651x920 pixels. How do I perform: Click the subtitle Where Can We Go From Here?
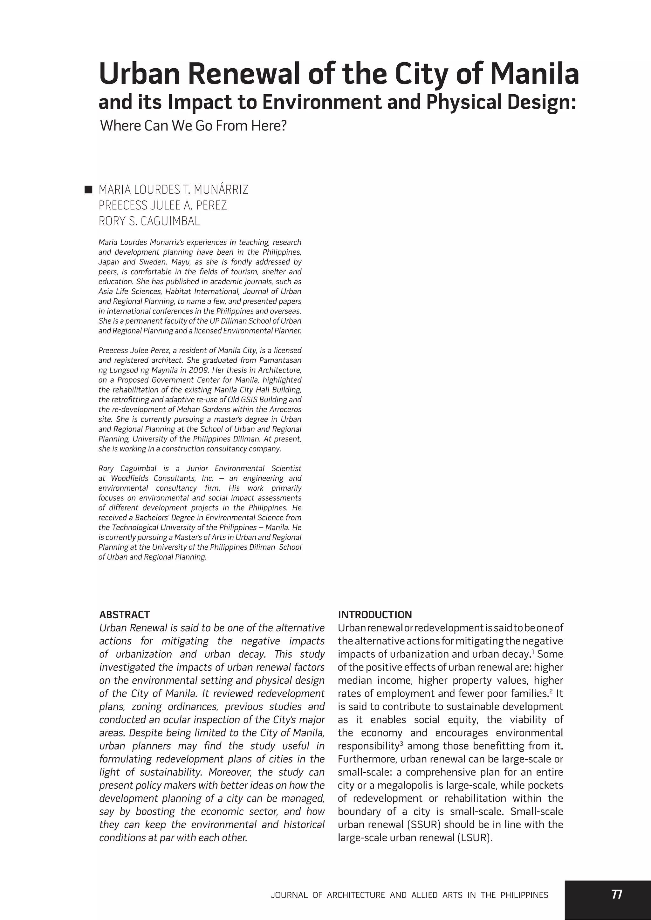[193, 126]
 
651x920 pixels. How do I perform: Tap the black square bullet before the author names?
[88, 190]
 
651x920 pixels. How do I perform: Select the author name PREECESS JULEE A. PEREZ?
[162, 205]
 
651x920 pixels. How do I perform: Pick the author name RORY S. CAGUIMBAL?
[149, 221]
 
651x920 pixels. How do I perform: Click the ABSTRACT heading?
[124, 615]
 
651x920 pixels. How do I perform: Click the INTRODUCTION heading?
[375, 615]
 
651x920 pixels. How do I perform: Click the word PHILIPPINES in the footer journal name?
[524, 895]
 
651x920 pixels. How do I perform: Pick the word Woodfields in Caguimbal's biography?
[130, 479]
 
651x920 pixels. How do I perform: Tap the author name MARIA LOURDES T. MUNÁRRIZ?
[173, 190]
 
